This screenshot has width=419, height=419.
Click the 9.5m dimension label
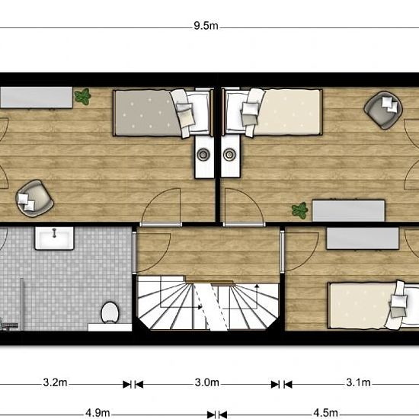(x=206, y=26)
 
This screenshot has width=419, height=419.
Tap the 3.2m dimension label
(x=55, y=382)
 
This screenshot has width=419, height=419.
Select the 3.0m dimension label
(x=206, y=382)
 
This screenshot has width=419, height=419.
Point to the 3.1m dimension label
(x=358, y=382)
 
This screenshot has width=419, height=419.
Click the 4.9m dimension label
(x=98, y=413)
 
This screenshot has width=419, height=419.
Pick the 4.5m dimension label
(x=326, y=413)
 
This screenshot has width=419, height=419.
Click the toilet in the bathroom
(x=110, y=312)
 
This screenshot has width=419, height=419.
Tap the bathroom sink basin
(x=54, y=238)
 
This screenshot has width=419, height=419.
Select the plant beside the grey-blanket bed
(x=83, y=96)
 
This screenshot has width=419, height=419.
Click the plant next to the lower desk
(x=299, y=210)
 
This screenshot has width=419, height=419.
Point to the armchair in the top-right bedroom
(x=383, y=110)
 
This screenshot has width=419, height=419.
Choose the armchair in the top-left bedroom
(x=34, y=198)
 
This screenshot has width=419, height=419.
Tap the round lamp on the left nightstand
(x=203, y=154)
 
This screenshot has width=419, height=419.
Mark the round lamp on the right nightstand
(x=229, y=154)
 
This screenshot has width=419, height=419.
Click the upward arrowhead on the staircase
(x=257, y=286)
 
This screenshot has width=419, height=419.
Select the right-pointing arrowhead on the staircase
(x=200, y=307)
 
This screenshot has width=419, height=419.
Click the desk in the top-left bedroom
(x=36, y=98)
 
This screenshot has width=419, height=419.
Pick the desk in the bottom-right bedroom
(x=363, y=238)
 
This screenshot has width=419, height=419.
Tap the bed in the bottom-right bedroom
(x=373, y=305)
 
